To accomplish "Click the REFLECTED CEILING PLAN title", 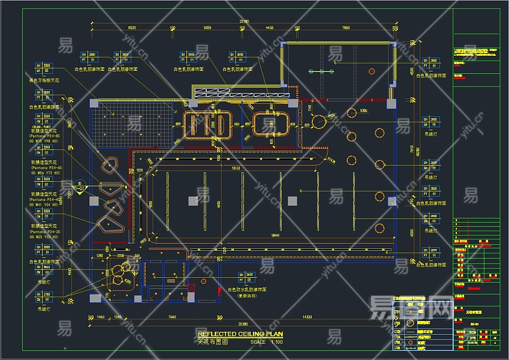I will (240, 334).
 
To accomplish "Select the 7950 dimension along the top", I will (345, 28).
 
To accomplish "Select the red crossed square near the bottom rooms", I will (192, 289).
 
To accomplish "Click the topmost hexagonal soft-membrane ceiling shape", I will (109, 166).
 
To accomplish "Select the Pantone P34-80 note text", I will (46, 136).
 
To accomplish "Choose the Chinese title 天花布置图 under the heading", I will (213, 341).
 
